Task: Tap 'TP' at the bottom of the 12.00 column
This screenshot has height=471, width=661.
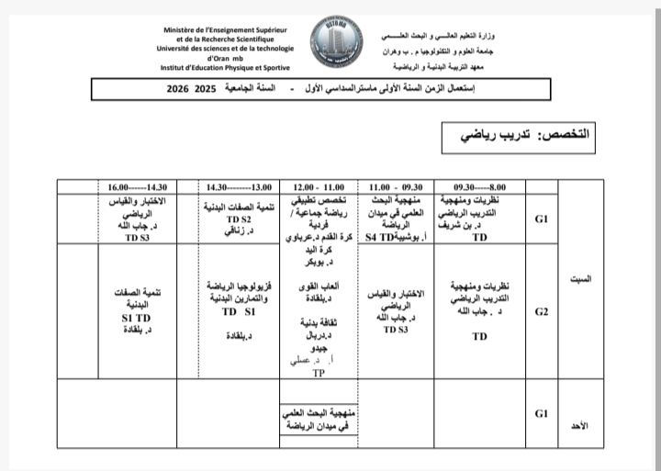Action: point(319,373)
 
